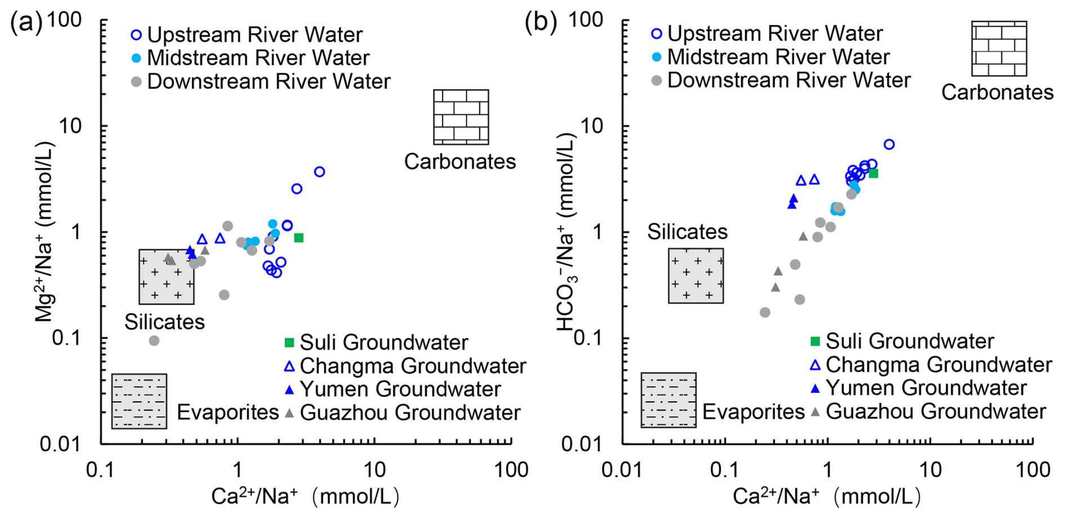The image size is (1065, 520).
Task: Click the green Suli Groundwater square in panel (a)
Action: tap(299, 238)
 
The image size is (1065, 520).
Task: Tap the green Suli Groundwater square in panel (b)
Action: tap(873, 173)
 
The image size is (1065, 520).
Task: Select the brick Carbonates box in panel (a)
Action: tap(460, 117)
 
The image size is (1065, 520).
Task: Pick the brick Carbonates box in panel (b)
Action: tap(999, 49)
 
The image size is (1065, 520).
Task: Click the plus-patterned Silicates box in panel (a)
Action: tap(167, 277)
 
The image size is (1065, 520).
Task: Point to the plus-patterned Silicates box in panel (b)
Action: tap(696, 275)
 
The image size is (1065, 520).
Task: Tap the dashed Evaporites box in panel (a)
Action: tap(139, 401)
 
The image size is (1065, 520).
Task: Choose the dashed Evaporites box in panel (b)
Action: tap(668, 400)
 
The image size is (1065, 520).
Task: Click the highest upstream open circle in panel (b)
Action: tap(889, 144)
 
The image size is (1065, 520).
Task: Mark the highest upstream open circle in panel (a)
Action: tap(319, 171)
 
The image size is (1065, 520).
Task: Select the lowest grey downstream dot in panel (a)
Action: tap(154, 341)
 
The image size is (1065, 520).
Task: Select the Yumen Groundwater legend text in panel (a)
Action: tap(400, 389)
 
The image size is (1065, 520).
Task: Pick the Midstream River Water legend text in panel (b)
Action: tap(778, 57)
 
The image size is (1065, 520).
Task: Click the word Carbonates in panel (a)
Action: tap(460, 161)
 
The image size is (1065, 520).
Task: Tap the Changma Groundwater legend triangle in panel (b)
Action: tap(815, 365)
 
